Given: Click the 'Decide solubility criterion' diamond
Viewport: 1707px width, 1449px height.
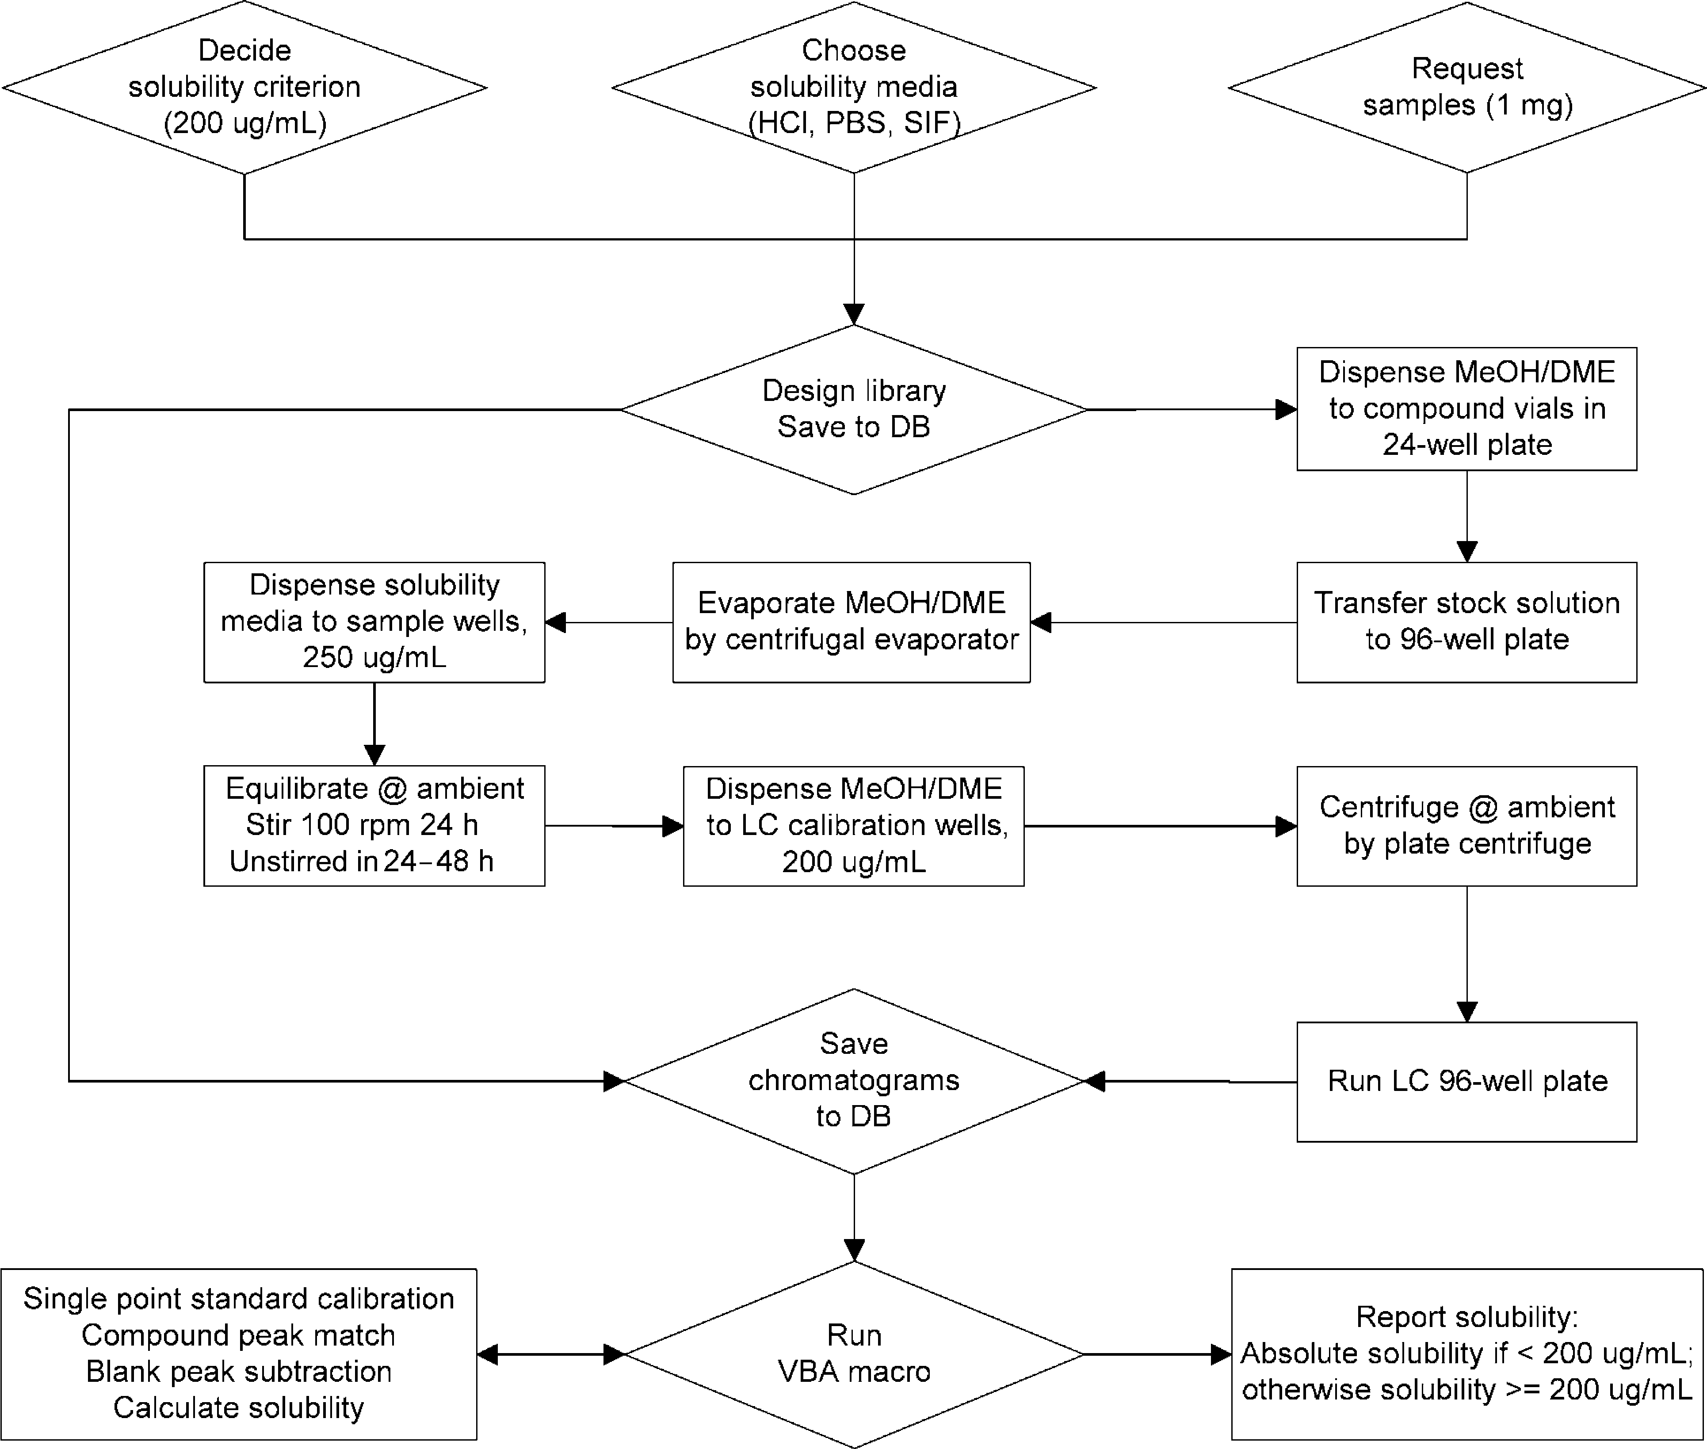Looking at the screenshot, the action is coord(245,87).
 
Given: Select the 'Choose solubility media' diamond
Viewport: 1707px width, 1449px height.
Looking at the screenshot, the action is coord(854,87).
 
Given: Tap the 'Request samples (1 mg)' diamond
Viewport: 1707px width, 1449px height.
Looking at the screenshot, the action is coord(1467,87).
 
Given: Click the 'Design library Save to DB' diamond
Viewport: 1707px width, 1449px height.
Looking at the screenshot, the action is coord(854,409).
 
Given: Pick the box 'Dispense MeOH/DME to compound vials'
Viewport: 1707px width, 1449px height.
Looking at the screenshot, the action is coord(1467,409).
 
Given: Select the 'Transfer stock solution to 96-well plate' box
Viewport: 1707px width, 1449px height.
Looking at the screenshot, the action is coord(1467,622).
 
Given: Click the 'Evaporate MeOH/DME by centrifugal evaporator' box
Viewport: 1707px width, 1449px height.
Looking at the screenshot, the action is coord(852,622).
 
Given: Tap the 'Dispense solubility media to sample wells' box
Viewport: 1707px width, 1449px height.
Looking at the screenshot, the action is coord(374,622).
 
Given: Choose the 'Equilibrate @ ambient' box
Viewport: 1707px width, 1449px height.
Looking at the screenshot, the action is coord(374,826).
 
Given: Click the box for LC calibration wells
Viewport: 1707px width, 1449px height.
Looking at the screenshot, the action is coord(854,826).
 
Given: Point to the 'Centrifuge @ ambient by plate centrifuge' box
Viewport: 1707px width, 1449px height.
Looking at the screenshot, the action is coord(1467,826).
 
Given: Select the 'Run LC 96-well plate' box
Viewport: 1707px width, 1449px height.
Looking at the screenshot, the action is coord(1467,1082).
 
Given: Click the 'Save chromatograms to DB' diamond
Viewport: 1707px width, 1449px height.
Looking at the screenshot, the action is coord(854,1081).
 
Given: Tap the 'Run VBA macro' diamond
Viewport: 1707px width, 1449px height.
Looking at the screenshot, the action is coord(854,1354).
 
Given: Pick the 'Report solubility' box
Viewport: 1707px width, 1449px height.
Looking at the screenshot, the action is coord(1467,1354).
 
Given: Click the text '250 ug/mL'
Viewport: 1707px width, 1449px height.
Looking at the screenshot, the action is coord(374,657).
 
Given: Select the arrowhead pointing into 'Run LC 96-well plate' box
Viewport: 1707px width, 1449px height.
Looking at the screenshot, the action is coord(1467,1011).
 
